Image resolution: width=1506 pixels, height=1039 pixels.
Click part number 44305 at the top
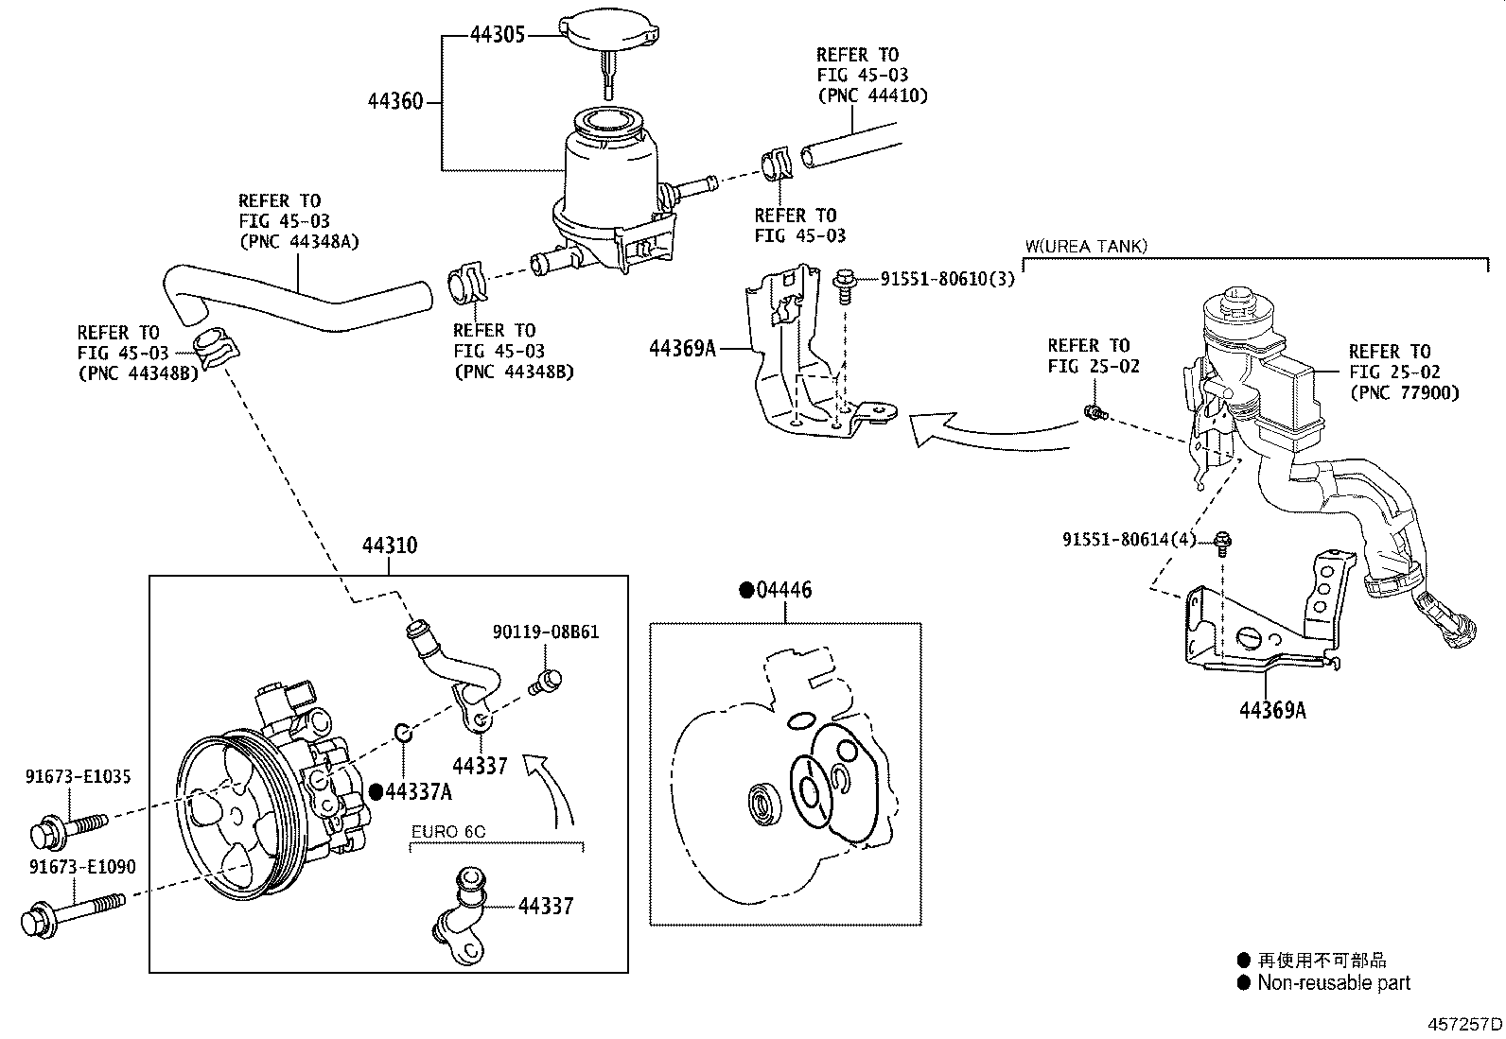498,36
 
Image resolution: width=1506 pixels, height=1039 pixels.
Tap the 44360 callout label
395,100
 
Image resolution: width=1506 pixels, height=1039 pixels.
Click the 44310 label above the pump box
389,545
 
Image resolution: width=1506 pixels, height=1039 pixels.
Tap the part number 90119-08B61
545,632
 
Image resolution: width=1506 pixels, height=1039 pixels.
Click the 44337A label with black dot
417,792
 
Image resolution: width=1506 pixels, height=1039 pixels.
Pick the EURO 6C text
448,832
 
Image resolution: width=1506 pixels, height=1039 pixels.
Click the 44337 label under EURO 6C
546,907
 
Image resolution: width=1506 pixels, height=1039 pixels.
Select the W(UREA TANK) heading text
1086,247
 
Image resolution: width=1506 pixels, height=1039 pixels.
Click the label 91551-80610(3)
947,279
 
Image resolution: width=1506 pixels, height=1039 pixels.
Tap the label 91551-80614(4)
1129,540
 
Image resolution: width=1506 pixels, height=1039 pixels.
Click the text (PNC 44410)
872,95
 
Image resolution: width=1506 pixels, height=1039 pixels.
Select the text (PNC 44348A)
298,242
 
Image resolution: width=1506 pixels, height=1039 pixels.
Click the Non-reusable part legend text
1333,983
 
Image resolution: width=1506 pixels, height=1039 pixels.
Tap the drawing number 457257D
1464,1024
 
